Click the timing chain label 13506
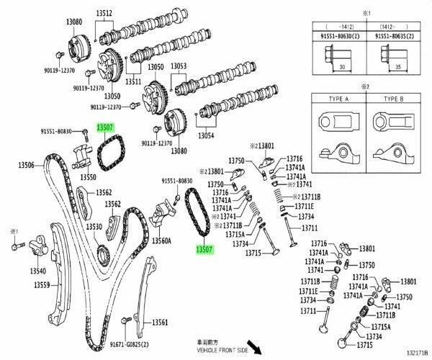(26, 165)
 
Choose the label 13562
(104, 193)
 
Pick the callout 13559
(41, 285)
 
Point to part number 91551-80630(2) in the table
(338, 33)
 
